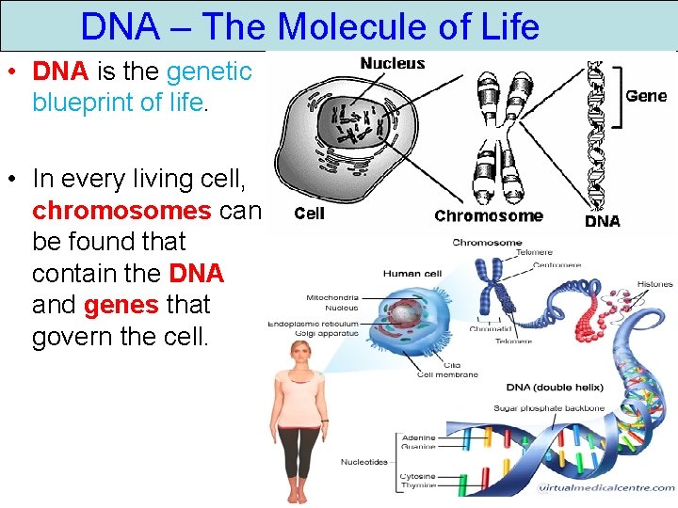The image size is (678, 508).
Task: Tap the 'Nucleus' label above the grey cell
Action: coord(393,63)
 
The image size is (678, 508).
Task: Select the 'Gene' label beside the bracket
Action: coord(646,96)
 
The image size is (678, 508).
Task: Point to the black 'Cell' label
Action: coord(310,214)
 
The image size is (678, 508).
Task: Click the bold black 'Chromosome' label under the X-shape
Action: coord(489,215)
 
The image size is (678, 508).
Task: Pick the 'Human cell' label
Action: coord(412,274)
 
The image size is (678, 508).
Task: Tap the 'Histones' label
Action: coord(655,284)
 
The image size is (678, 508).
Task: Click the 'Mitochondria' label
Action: coord(332,297)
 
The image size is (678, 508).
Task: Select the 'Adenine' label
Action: coord(418,437)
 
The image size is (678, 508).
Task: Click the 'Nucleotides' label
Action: coord(363,462)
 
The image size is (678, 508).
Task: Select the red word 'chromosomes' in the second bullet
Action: coord(121,209)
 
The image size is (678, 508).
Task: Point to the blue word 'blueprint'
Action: coord(86,102)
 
